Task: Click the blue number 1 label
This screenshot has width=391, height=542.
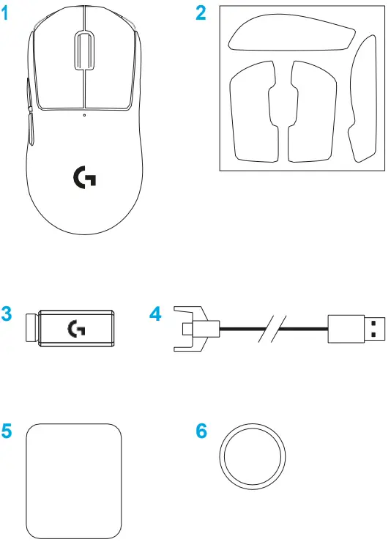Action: (x=7, y=14)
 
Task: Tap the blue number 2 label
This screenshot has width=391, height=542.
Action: (x=201, y=14)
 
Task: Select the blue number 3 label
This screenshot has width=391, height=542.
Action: (x=7, y=315)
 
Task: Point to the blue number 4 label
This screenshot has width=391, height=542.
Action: (x=154, y=315)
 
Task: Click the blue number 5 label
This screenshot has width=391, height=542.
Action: (x=7, y=431)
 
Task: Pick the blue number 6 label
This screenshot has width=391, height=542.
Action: (x=202, y=431)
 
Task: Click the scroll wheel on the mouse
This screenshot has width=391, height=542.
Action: (x=83, y=51)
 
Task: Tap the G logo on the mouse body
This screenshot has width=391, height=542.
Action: (x=84, y=178)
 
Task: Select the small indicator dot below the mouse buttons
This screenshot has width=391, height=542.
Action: (x=84, y=114)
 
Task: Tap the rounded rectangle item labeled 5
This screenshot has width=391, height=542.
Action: (x=72, y=469)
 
